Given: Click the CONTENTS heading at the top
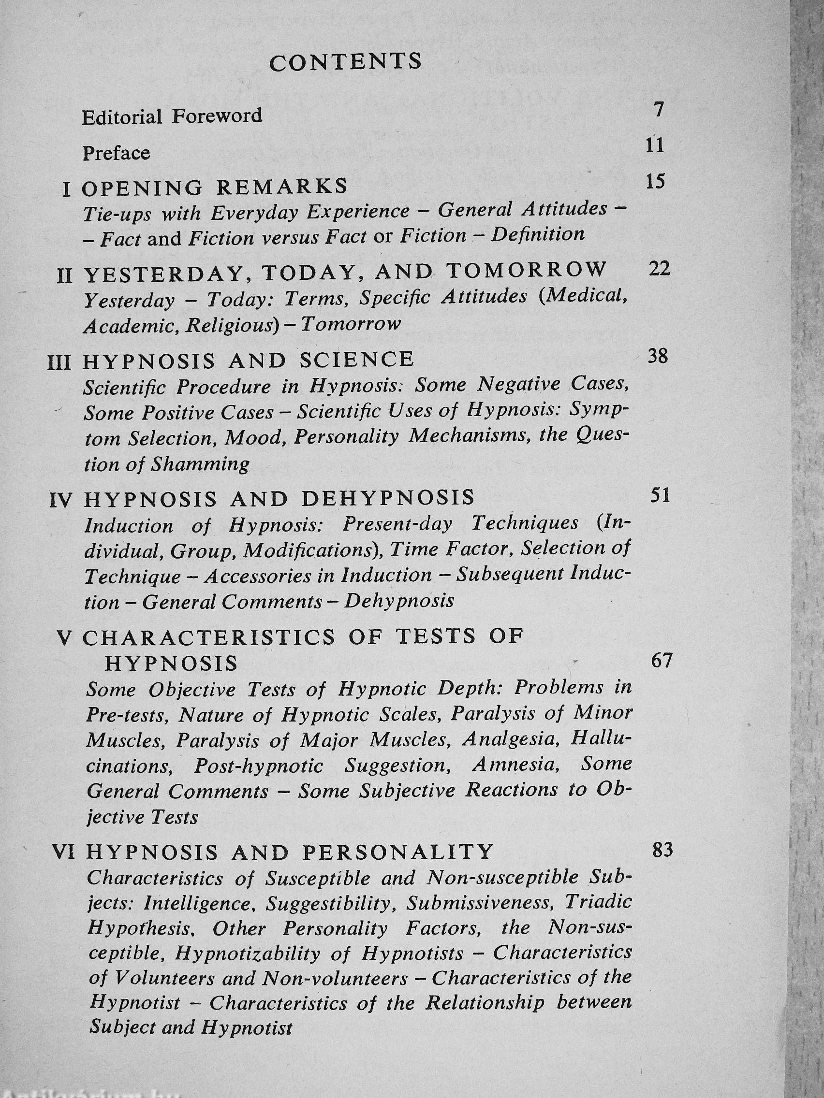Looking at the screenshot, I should (x=345, y=62).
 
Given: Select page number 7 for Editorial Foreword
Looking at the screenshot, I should (x=659, y=109).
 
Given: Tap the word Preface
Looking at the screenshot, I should (x=116, y=152).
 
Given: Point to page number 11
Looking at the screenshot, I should (x=656, y=145).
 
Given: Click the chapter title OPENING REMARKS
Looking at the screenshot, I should (x=215, y=187).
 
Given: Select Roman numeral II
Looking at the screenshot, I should (x=65, y=275).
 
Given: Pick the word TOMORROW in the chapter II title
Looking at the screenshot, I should (x=527, y=270).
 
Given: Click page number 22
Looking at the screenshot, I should (x=660, y=269).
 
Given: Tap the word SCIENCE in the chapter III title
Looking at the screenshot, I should (x=356, y=360).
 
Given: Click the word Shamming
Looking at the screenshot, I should (x=200, y=464).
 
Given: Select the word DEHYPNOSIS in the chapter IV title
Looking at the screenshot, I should (x=388, y=498).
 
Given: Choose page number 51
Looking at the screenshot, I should (x=660, y=495).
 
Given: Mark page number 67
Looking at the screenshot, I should (x=661, y=661).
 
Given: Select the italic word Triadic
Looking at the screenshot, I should (x=599, y=901).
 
